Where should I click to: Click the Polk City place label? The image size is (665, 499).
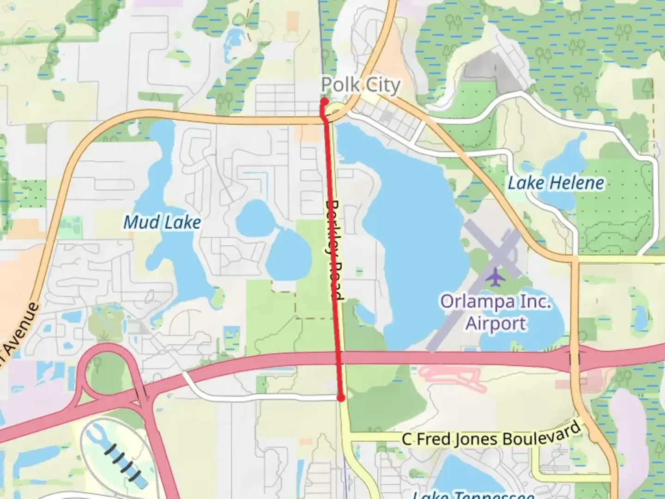tap(360, 85)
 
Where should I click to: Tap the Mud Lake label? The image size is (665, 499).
tap(162, 223)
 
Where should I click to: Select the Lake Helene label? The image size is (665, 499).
tap(556, 183)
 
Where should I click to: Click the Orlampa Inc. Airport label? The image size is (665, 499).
tap(496, 312)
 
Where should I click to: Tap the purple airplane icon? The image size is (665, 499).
tap(495, 277)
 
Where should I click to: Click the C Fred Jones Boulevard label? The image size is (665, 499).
tap(491, 437)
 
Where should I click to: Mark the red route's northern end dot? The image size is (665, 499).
tap(324, 101)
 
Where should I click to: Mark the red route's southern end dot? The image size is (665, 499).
tap(341, 398)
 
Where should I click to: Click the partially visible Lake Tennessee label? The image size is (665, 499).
tap(473, 494)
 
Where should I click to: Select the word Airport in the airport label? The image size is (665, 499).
tap(496, 323)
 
